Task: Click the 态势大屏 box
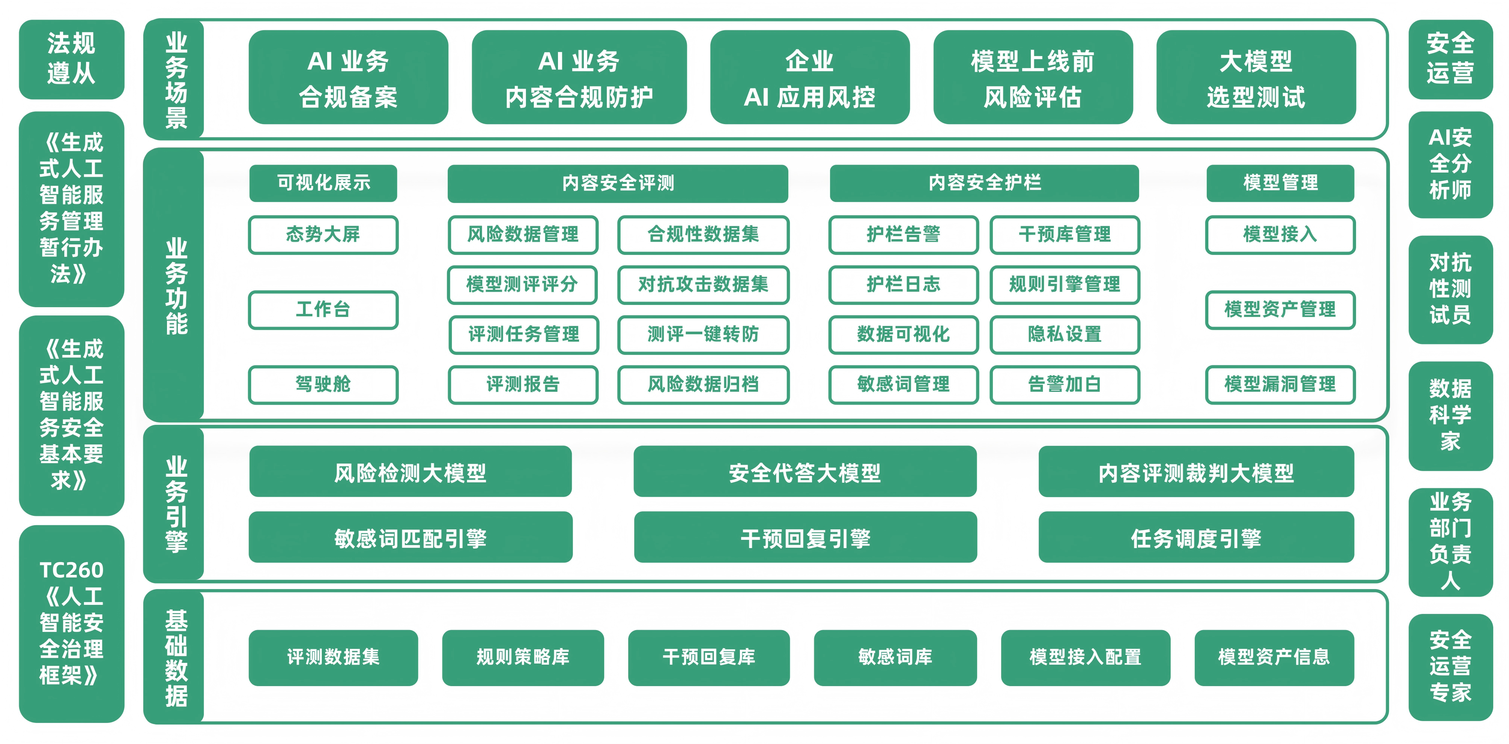tap(323, 234)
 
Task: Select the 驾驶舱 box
tap(323, 384)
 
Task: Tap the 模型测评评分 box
tap(522, 285)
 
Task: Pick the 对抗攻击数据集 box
tap(703, 285)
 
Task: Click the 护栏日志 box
tap(903, 285)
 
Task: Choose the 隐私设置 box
tap(1064, 335)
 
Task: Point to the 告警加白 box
tap(1064, 384)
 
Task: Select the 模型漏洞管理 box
tap(1280, 384)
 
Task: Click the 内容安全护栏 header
tap(984, 183)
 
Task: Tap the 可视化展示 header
tap(323, 183)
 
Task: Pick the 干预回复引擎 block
tap(806, 537)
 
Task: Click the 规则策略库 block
tap(523, 657)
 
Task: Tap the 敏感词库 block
tap(895, 657)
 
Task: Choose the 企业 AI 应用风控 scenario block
tap(809, 77)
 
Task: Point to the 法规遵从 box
tap(71, 59)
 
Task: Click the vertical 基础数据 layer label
tap(176, 657)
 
